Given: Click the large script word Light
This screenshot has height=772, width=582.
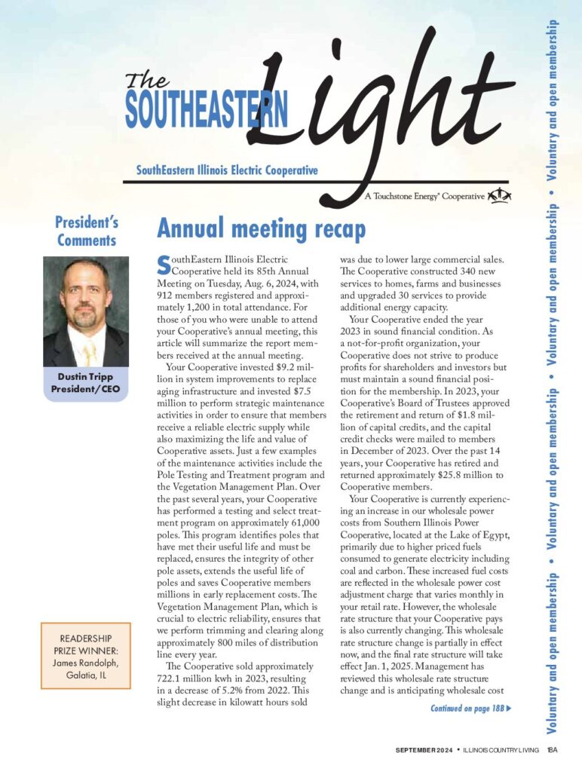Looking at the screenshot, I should (377, 98).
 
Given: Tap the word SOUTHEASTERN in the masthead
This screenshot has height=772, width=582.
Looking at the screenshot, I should (206, 110).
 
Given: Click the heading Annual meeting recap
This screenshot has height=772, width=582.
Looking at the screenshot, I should (261, 228).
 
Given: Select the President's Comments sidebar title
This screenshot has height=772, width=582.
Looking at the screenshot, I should (87, 231).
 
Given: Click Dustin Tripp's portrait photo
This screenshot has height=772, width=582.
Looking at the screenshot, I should (85, 311).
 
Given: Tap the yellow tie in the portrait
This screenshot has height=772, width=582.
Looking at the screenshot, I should (90, 352).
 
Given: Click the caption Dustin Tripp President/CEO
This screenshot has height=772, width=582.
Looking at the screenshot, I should (86, 383).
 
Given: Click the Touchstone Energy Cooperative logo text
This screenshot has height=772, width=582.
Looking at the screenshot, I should (424, 196).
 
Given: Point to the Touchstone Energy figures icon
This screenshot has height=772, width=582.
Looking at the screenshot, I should (500, 196).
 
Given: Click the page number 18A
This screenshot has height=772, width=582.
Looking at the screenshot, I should (553, 750).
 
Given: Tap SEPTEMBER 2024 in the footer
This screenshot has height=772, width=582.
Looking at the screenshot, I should (425, 750).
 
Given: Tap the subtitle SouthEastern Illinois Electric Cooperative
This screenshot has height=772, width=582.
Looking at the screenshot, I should (227, 171).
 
